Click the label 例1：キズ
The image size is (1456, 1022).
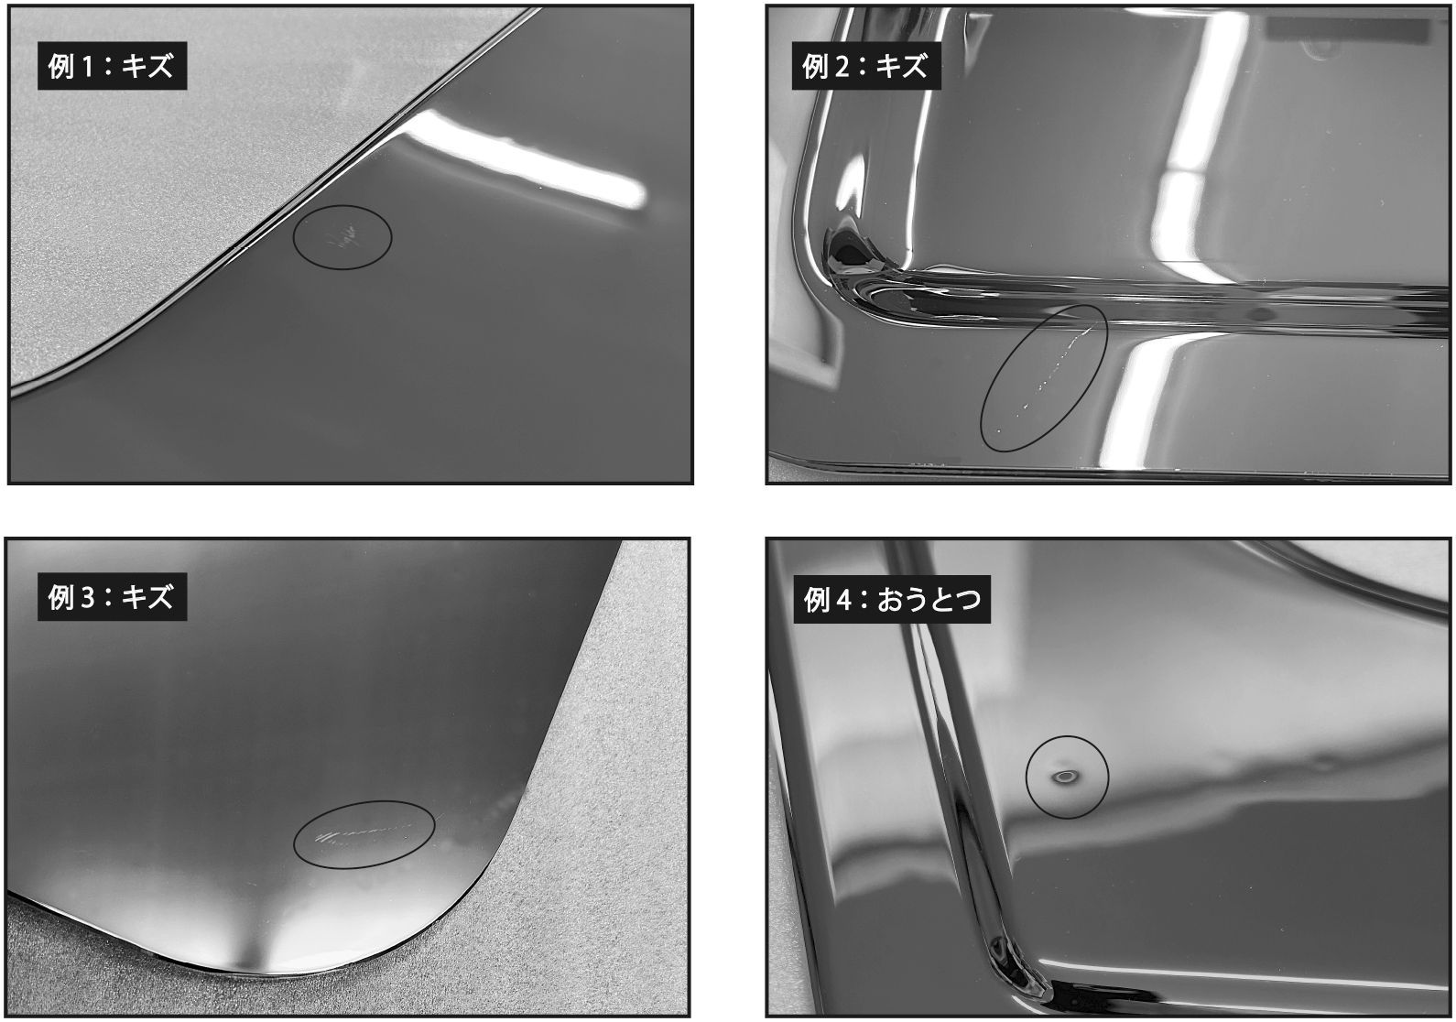[x=112, y=67]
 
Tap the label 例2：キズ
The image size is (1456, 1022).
[x=865, y=67]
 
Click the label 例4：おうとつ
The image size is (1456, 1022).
[x=892, y=600]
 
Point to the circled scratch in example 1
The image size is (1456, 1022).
[x=342, y=236]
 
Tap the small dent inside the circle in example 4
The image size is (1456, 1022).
[x=1066, y=777]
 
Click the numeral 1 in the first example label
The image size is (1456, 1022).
[x=89, y=67]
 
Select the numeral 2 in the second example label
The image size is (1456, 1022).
[x=843, y=67]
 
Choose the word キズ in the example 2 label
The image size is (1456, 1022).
[x=901, y=67]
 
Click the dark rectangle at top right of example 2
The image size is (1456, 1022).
[x=1346, y=30]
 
